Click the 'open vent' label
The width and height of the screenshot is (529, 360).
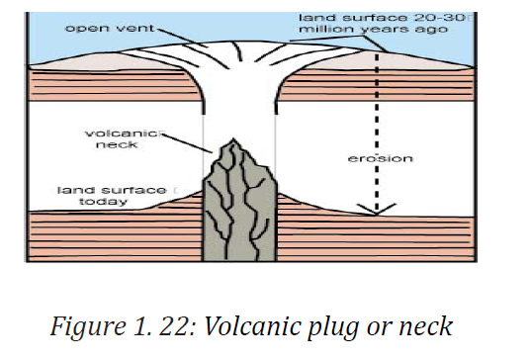coord(110,28)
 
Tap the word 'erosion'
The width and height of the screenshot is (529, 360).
coord(381,158)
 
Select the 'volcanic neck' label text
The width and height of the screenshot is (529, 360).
coord(121,138)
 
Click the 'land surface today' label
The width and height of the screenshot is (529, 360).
coord(112,196)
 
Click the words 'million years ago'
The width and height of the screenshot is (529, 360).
coord(374,29)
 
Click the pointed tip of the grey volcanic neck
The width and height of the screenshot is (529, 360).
coord(232,139)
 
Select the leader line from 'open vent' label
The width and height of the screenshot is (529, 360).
coord(182,38)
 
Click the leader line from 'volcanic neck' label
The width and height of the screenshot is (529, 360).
coord(187,143)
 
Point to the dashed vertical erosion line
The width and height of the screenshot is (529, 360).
coord(377,132)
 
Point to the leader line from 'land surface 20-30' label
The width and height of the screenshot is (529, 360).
coord(338,44)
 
